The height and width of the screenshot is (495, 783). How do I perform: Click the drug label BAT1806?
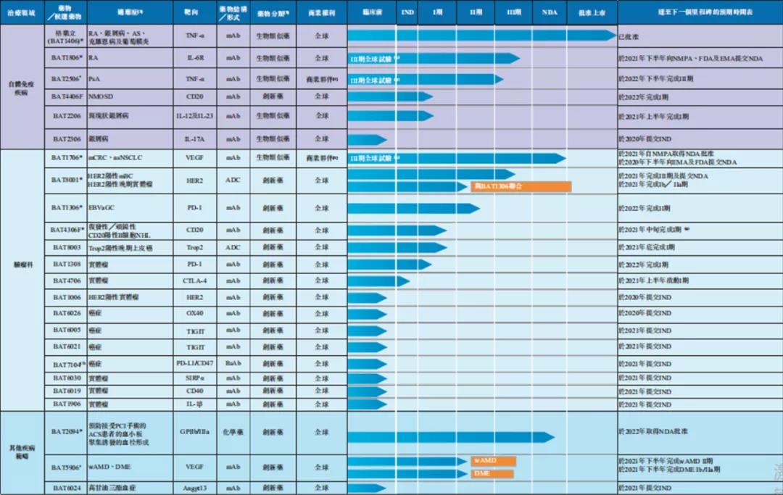point(65,58)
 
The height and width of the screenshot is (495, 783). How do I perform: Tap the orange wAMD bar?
point(493,461)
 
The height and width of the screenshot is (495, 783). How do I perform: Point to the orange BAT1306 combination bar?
point(521,187)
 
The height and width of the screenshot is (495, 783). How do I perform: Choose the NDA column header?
point(550,12)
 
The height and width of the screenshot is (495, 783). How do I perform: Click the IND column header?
point(407,12)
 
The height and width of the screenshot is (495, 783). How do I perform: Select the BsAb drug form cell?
point(233,363)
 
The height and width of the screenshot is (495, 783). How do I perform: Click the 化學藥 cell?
point(233,432)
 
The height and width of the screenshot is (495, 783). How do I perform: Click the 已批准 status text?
point(627,36)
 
